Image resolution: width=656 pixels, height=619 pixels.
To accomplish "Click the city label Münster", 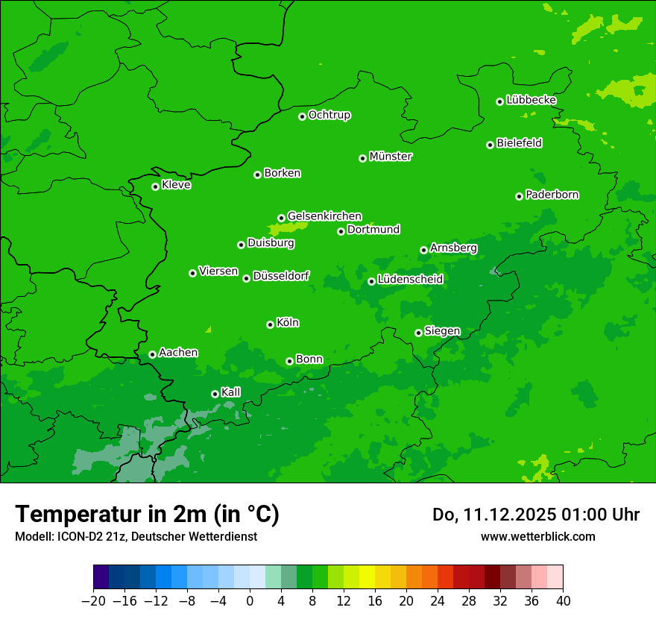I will [x=391, y=157].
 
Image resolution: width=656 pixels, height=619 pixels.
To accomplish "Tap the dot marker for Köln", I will [x=270, y=324].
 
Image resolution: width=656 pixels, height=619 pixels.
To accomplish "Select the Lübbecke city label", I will [x=531, y=100].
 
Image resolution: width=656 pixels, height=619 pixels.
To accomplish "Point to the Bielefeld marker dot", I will [x=490, y=145].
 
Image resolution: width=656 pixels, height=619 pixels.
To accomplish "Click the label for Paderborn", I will [x=552, y=195].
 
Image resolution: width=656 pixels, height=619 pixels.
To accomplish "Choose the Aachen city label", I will [x=178, y=353].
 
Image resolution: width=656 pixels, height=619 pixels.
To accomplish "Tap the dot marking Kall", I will [x=215, y=394].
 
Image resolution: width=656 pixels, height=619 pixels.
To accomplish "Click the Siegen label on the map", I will [x=442, y=331].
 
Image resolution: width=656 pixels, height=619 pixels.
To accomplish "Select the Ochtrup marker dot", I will [x=302, y=116].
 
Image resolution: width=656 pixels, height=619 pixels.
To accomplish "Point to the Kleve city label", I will [x=176, y=185].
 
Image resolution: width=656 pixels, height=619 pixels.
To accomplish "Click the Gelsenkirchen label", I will [x=324, y=216].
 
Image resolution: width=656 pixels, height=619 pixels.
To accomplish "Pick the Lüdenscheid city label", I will [x=410, y=280].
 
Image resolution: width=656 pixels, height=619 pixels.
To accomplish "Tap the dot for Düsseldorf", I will [x=246, y=278].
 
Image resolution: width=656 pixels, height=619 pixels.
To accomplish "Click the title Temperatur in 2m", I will [x=147, y=515].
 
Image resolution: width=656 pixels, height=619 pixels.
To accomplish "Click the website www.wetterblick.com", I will [x=537, y=536].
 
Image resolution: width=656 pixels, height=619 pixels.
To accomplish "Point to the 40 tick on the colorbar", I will [x=563, y=601].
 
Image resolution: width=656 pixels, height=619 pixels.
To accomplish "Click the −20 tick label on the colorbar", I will [x=93, y=601].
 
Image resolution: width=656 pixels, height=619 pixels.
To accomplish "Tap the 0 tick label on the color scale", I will [x=250, y=601].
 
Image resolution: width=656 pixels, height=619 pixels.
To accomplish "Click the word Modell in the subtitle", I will [x=33, y=536].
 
